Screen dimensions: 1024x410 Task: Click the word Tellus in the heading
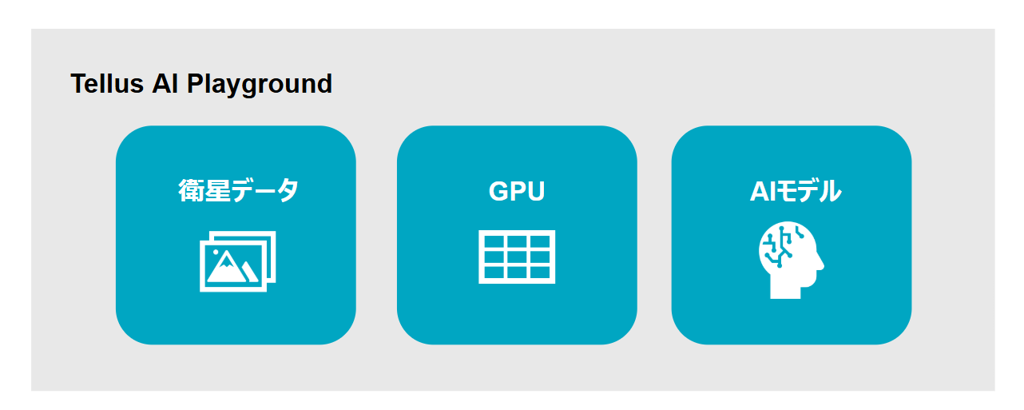pyautogui.click(x=107, y=84)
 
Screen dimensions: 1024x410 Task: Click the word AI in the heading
pyautogui.click(x=165, y=84)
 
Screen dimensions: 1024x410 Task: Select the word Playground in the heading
pyautogui.click(x=260, y=85)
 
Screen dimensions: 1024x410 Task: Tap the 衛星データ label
pyautogui.click(x=238, y=190)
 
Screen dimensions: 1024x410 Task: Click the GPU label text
pyautogui.click(x=517, y=191)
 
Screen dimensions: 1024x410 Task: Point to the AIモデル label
pyautogui.click(x=796, y=191)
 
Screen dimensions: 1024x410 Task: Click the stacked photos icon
pyautogui.click(x=238, y=261)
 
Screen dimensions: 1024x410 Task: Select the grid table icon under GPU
pyautogui.click(x=517, y=257)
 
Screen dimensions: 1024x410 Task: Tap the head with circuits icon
pyautogui.click(x=792, y=260)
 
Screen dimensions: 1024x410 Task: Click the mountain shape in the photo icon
pyautogui.click(x=228, y=270)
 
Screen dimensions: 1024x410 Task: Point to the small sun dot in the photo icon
pyautogui.click(x=216, y=252)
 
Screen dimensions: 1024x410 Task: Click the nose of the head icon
pyautogui.click(x=820, y=264)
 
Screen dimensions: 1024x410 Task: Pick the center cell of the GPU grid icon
pyautogui.click(x=517, y=257)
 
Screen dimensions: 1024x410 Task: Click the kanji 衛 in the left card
pyautogui.click(x=191, y=190)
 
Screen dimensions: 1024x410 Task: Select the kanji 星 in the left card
pyautogui.click(x=217, y=190)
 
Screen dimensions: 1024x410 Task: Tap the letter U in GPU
pyautogui.click(x=536, y=191)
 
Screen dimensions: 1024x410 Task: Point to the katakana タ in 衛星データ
pyautogui.click(x=288, y=190)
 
